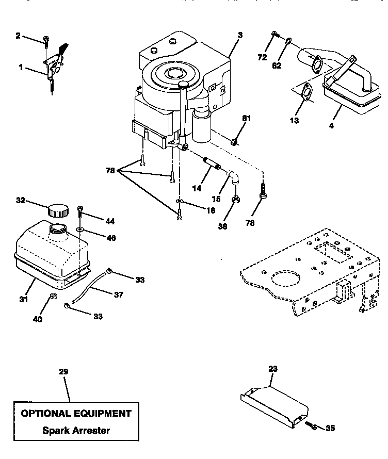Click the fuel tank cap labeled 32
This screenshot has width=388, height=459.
point(57,210)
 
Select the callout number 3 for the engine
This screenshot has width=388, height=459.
point(240,35)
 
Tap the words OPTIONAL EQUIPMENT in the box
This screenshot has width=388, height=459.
point(76,413)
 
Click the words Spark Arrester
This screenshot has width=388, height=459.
point(76,430)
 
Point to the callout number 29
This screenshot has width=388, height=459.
point(63,371)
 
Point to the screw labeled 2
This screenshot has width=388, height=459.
point(46,39)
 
